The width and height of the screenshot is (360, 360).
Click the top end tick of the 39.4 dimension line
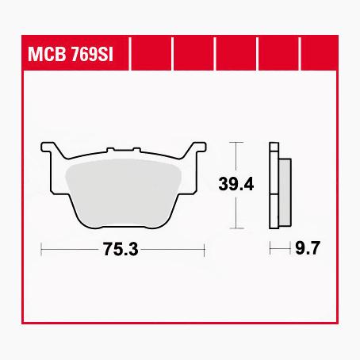[236, 142]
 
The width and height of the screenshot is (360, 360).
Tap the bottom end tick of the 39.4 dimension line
[236, 226]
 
